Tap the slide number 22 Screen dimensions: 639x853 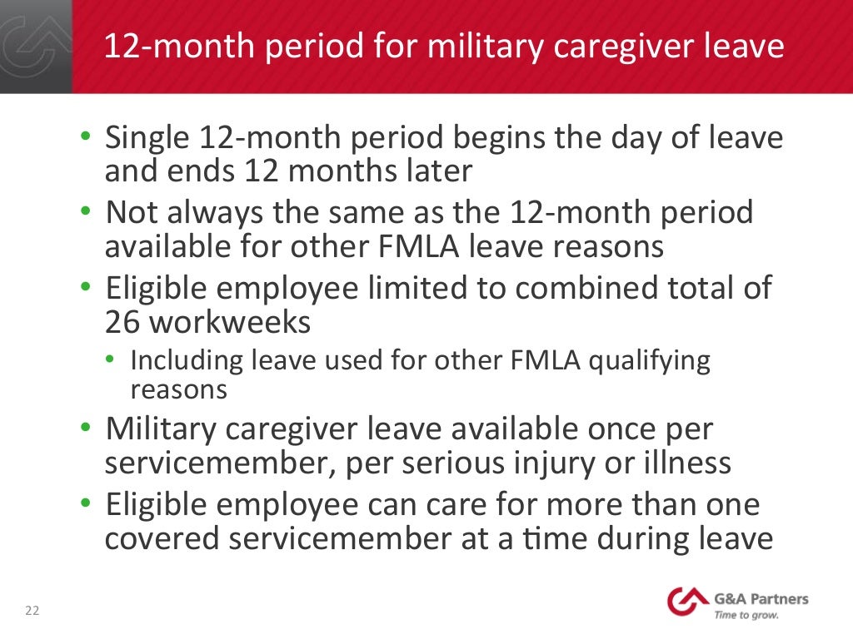pos(32,612)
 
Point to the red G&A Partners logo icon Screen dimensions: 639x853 pos(687,602)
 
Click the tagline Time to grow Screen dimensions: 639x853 pos(746,616)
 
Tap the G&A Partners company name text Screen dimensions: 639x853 pos(759,599)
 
